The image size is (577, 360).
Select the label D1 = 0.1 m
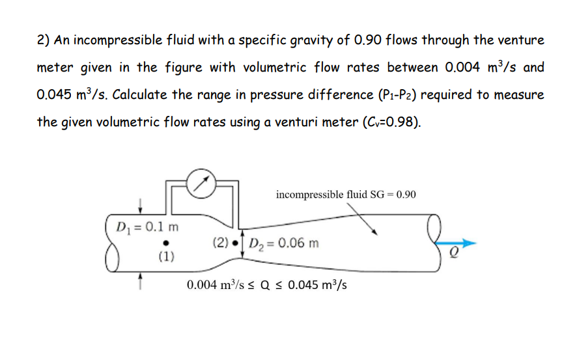147,227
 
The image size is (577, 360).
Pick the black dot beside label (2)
235,244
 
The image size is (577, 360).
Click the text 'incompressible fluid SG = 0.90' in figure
345,194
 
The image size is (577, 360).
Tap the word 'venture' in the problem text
520,40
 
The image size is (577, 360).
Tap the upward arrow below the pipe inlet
139,279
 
